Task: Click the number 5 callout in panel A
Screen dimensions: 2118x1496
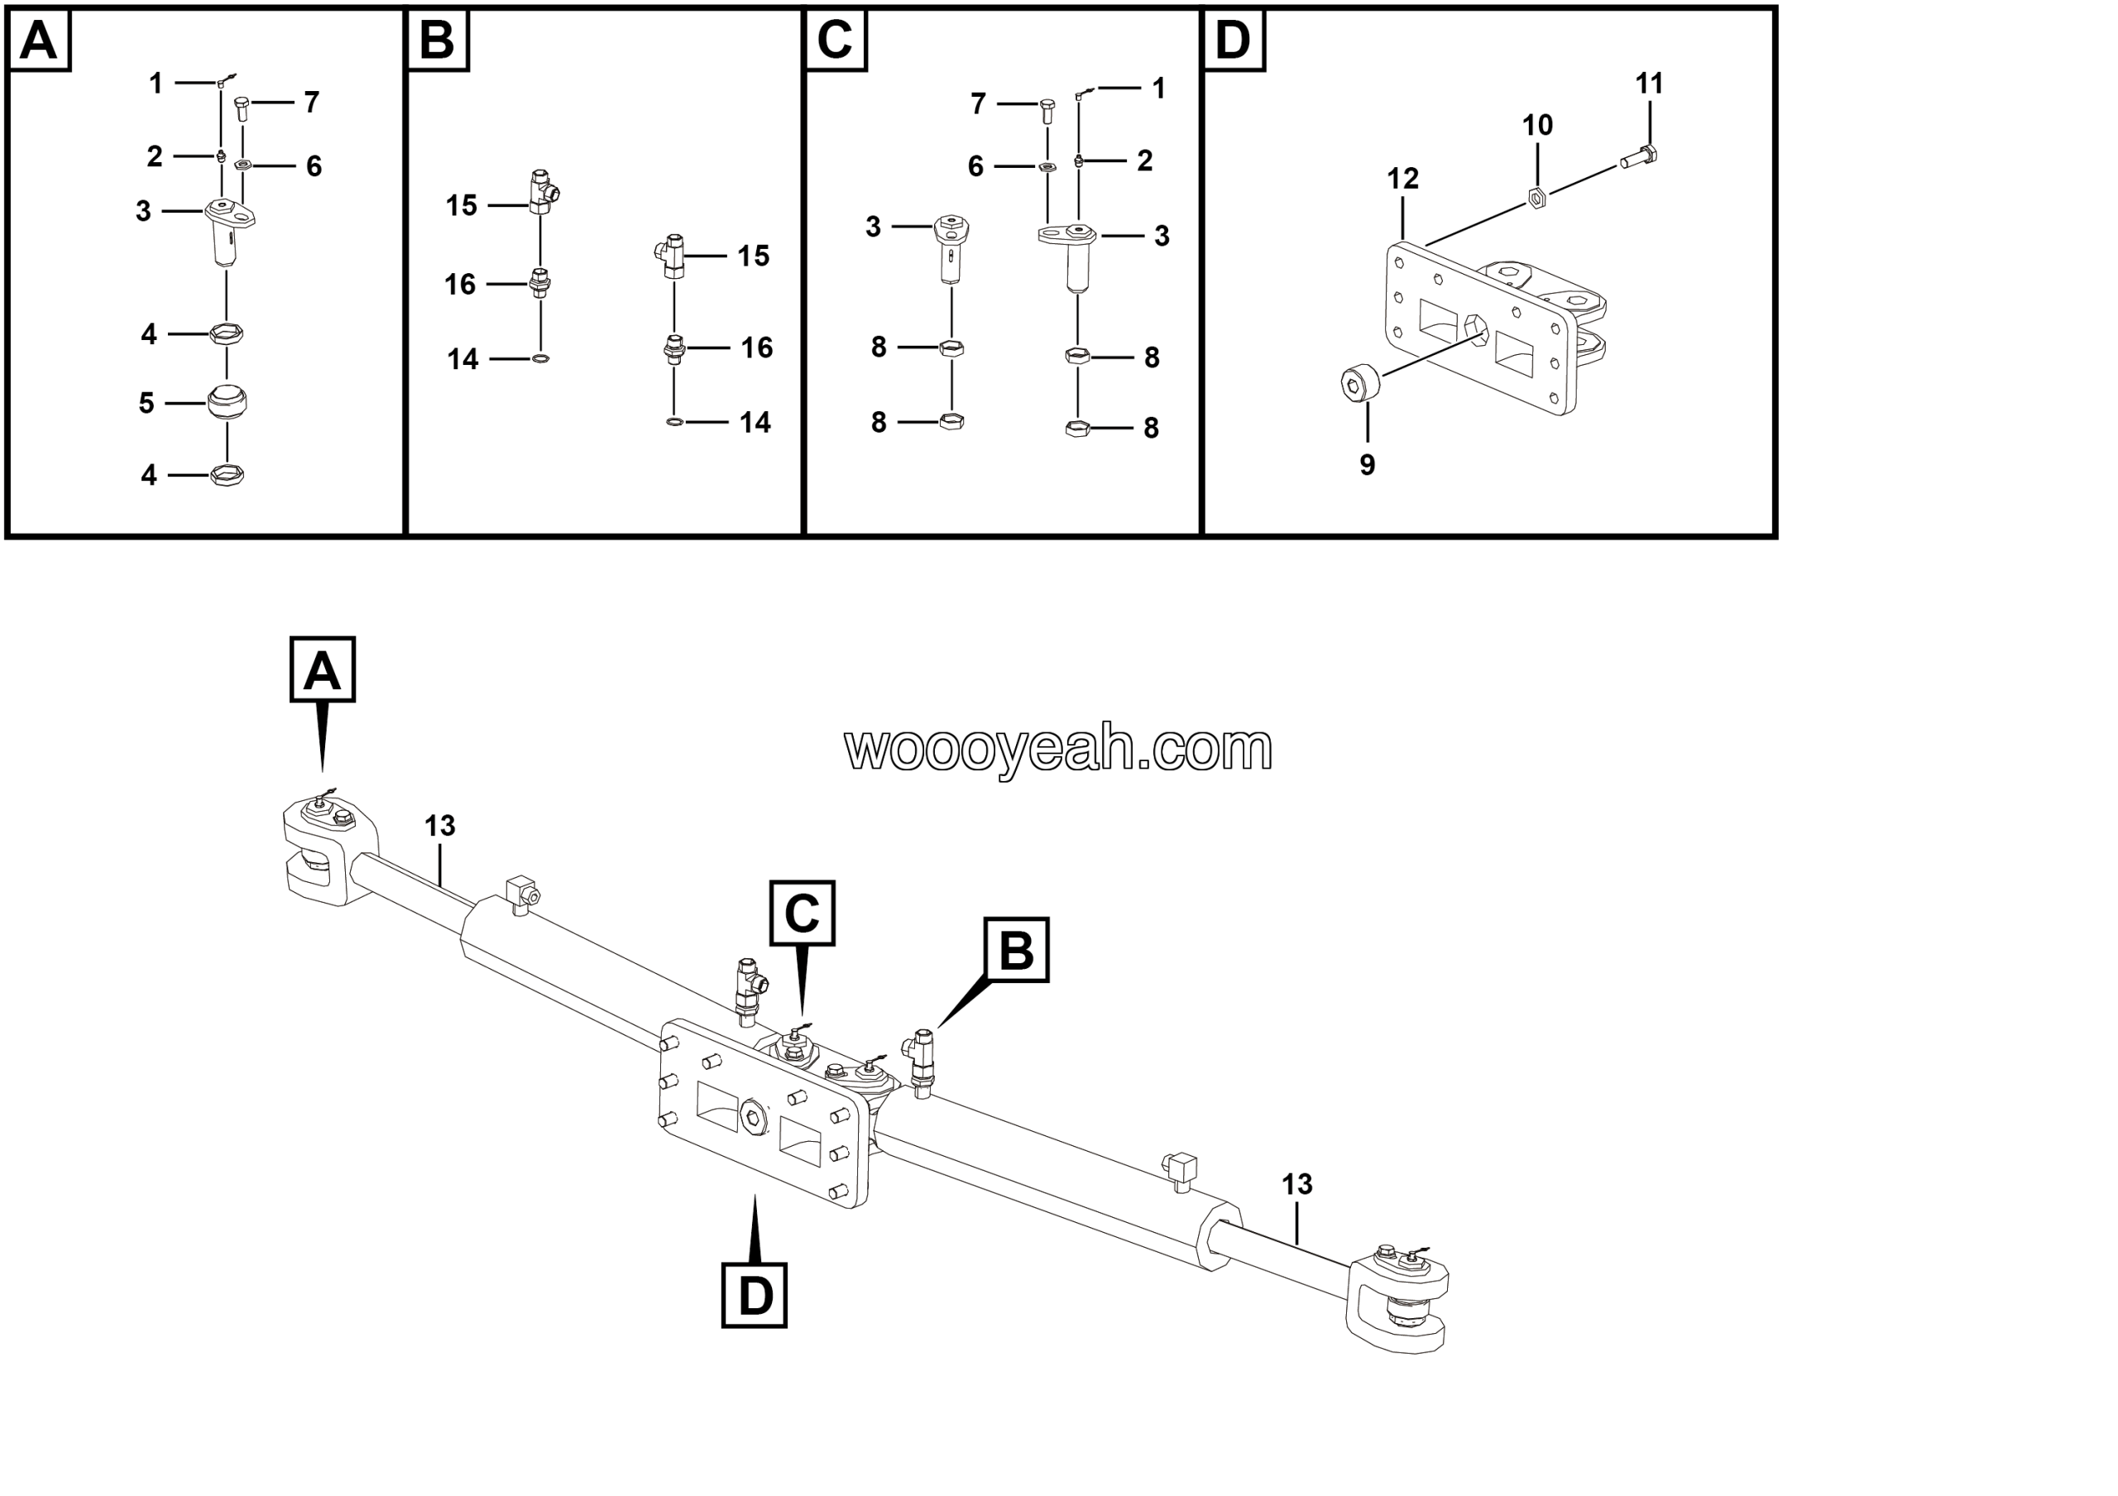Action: [x=146, y=403]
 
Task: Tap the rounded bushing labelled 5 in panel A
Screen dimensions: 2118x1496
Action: [x=226, y=402]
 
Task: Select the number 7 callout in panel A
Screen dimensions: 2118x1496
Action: [x=312, y=103]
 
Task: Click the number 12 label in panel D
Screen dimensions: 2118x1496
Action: [x=1402, y=179]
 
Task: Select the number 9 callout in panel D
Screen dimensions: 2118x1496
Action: [x=1367, y=465]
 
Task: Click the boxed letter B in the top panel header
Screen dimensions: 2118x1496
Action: [x=438, y=40]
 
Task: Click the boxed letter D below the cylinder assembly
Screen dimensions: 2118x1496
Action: [x=755, y=1295]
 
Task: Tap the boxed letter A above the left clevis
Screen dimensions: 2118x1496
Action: [x=322, y=669]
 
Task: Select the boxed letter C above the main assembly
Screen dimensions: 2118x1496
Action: [x=803, y=913]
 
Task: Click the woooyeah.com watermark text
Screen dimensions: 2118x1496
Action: [x=1058, y=748]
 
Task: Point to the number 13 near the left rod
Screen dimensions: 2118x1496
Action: [x=440, y=827]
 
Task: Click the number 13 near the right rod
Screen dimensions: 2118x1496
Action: [x=1296, y=1184]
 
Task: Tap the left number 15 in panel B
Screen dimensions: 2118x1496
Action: [x=461, y=206]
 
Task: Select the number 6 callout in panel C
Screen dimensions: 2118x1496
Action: [x=975, y=167]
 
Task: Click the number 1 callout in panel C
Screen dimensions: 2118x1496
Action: [x=1158, y=89]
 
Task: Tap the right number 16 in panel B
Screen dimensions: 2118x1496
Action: [x=756, y=348]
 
